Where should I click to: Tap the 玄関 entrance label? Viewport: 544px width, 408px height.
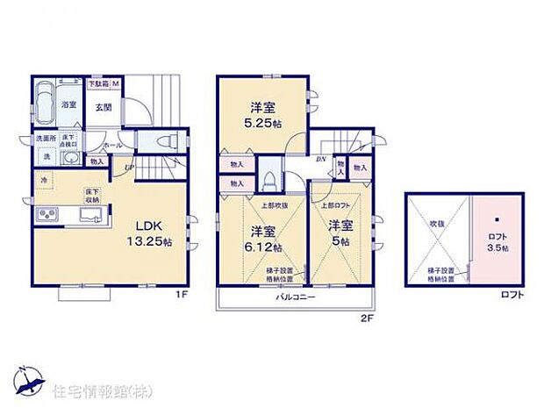coord(103,108)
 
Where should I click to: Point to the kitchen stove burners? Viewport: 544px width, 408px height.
coord(47,215)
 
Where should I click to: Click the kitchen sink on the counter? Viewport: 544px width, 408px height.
coord(92,216)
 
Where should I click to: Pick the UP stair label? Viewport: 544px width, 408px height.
coord(129,166)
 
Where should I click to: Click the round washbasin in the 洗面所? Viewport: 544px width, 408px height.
coord(70,159)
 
